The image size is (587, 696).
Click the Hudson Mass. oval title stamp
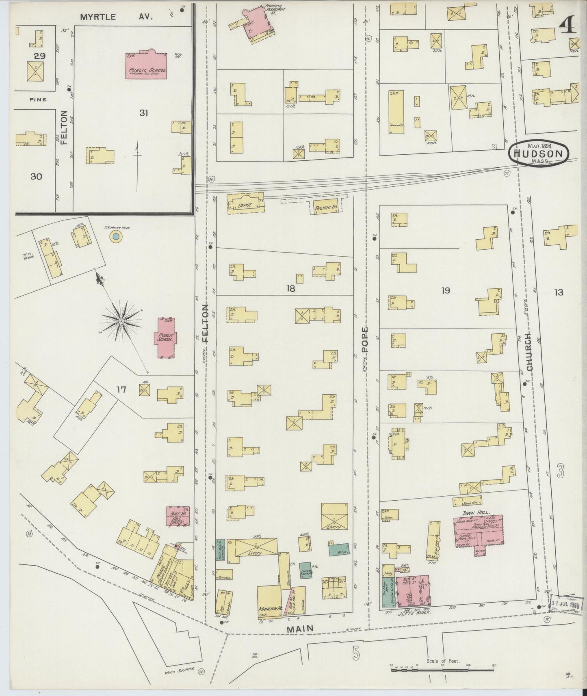[538, 153]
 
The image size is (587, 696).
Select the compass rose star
[121, 321]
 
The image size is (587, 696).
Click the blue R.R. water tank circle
[116, 236]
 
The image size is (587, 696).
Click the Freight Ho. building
[327, 208]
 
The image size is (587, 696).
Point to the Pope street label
[364, 339]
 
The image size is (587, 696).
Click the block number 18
[290, 289]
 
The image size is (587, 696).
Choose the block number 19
[446, 290]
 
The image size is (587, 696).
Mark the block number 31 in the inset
[143, 113]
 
